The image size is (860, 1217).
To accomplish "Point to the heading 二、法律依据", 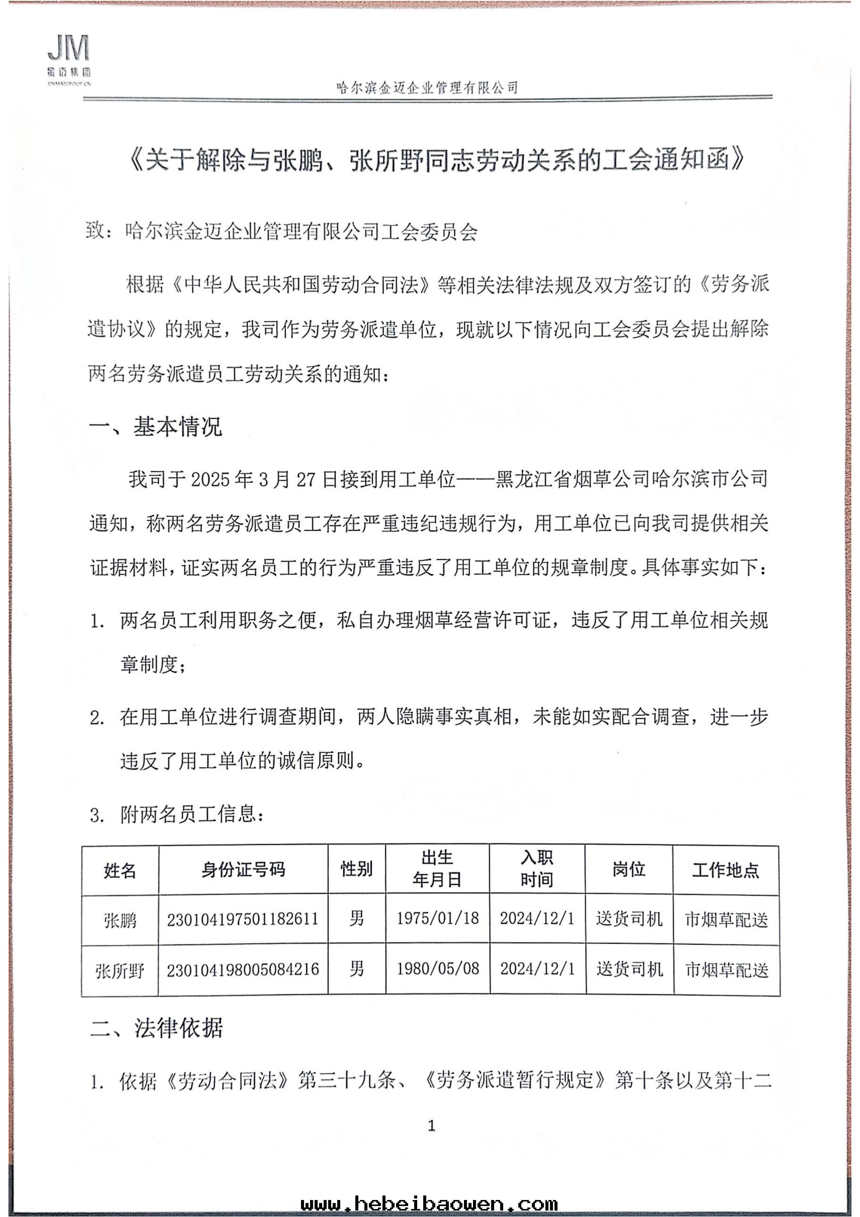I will [156, 1028].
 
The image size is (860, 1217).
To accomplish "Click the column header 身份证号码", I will [243, 870].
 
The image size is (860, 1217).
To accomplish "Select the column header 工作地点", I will [725, 870].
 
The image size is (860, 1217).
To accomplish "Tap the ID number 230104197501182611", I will [243, 919].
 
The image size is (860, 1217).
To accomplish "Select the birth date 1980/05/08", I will [438, 969].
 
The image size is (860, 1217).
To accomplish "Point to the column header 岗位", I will [629, 869].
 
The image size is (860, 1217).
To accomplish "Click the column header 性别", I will [356, 869].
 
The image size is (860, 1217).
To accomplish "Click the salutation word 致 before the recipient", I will [95, 231].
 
